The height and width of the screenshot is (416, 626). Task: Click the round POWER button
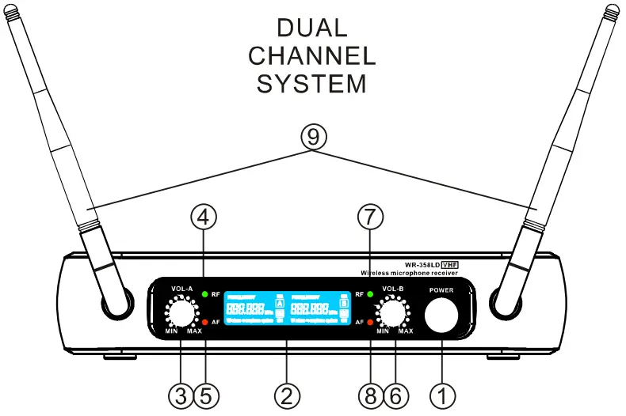pos(441,316)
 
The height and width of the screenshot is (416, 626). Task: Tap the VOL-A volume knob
pos(181,314)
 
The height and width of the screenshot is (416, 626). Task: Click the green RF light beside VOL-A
pos(205,295)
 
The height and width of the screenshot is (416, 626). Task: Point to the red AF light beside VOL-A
pos(205,322)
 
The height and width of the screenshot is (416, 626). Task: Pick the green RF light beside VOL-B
pos(369,295)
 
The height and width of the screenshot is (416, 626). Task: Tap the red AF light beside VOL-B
pos(369,322)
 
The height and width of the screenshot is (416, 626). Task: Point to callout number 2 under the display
pos(287,392)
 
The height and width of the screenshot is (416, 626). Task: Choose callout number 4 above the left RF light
pos(205,216)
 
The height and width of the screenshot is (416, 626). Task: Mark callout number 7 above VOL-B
pos(369,216)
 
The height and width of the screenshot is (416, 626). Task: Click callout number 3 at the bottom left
pos(181,392)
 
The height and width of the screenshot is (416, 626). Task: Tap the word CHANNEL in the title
pos(312,56)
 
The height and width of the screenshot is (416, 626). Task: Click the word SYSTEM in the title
pos(312,83)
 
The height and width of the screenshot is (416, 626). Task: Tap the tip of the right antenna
pos(610,11)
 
